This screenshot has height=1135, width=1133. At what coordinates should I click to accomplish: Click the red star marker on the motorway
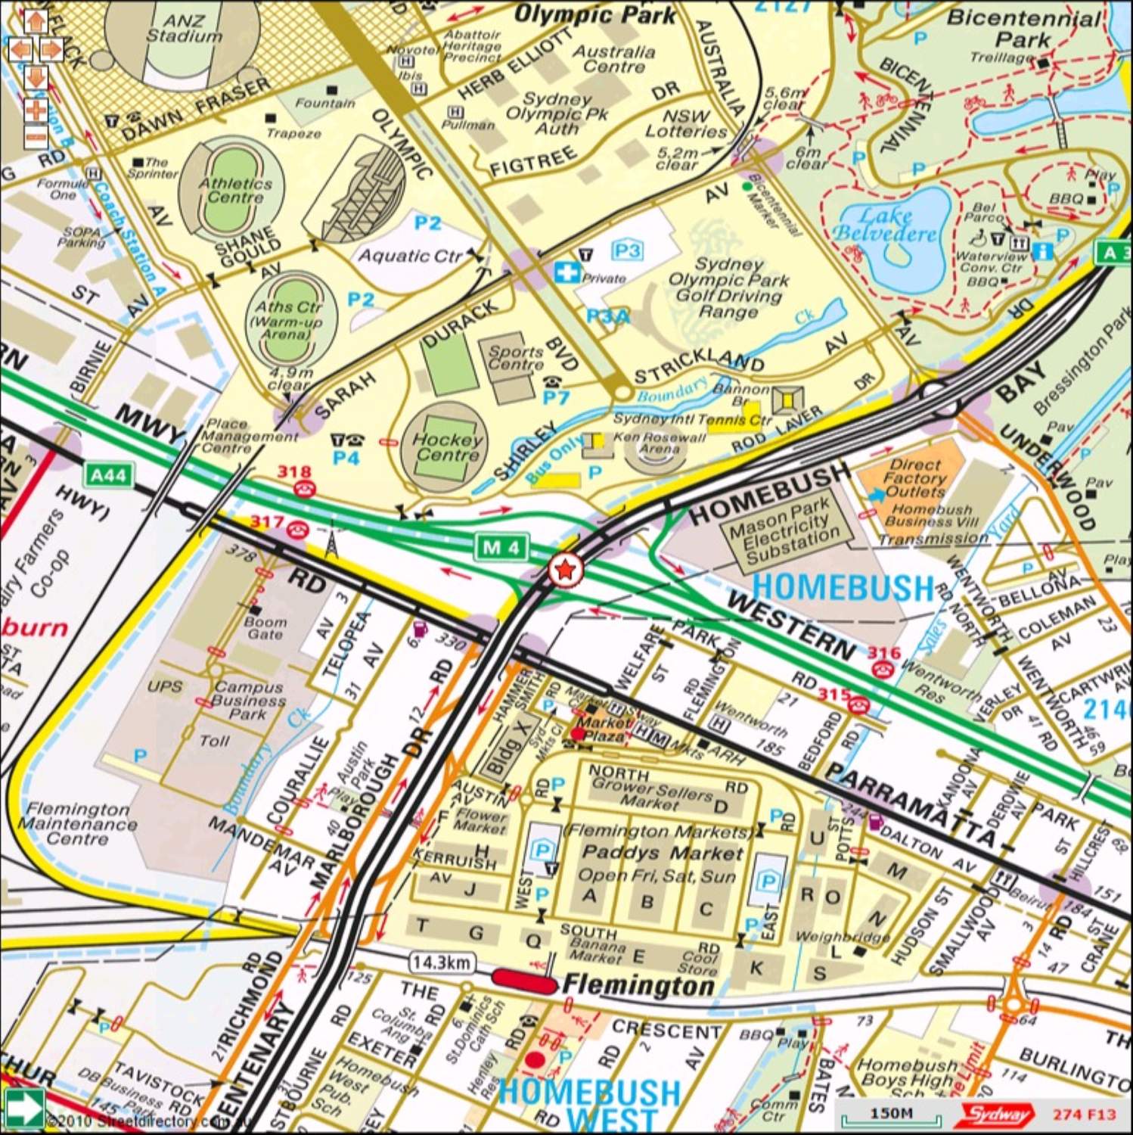coord(565,570)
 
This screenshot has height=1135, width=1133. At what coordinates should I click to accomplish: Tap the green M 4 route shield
coord(501,547)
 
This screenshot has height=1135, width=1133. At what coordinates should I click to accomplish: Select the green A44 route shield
coord(108,474)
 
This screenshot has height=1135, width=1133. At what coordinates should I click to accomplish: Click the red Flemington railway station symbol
coord(523,980)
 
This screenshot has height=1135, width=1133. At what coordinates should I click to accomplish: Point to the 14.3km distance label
coord(442,962)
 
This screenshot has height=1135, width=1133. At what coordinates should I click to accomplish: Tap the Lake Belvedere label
coord(884,225)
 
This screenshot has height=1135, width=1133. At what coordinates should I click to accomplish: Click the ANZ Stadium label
coord(184,28)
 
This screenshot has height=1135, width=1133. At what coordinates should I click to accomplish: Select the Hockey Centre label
coord(448,446)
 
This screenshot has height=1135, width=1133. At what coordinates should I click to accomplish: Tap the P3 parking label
coord(626,250)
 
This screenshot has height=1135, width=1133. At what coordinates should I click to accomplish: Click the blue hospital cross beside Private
coord(566,272)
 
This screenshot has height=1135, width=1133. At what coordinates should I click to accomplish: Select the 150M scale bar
coord(891,1114)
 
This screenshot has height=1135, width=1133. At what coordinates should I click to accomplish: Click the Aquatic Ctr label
coord(409,256)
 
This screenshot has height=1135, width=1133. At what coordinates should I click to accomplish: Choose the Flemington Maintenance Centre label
coord(77,823)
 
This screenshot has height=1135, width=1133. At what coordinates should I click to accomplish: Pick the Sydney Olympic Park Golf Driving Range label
coord(728,288)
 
